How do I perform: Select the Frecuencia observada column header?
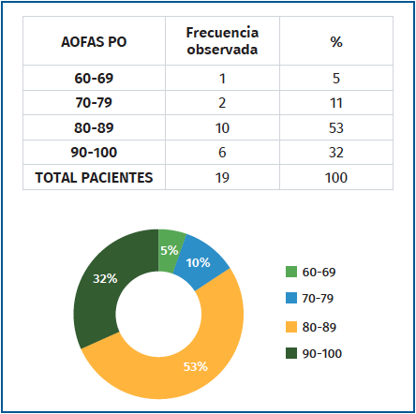222,42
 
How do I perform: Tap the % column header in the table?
335,42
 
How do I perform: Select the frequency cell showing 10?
222,128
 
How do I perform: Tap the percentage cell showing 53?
335,128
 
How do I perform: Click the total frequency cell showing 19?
222,177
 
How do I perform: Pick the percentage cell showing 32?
335,153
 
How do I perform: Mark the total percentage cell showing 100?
335,177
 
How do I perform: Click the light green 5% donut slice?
171,249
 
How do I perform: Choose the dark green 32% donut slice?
103,281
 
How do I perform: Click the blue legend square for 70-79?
291,300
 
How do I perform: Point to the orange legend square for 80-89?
291,327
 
